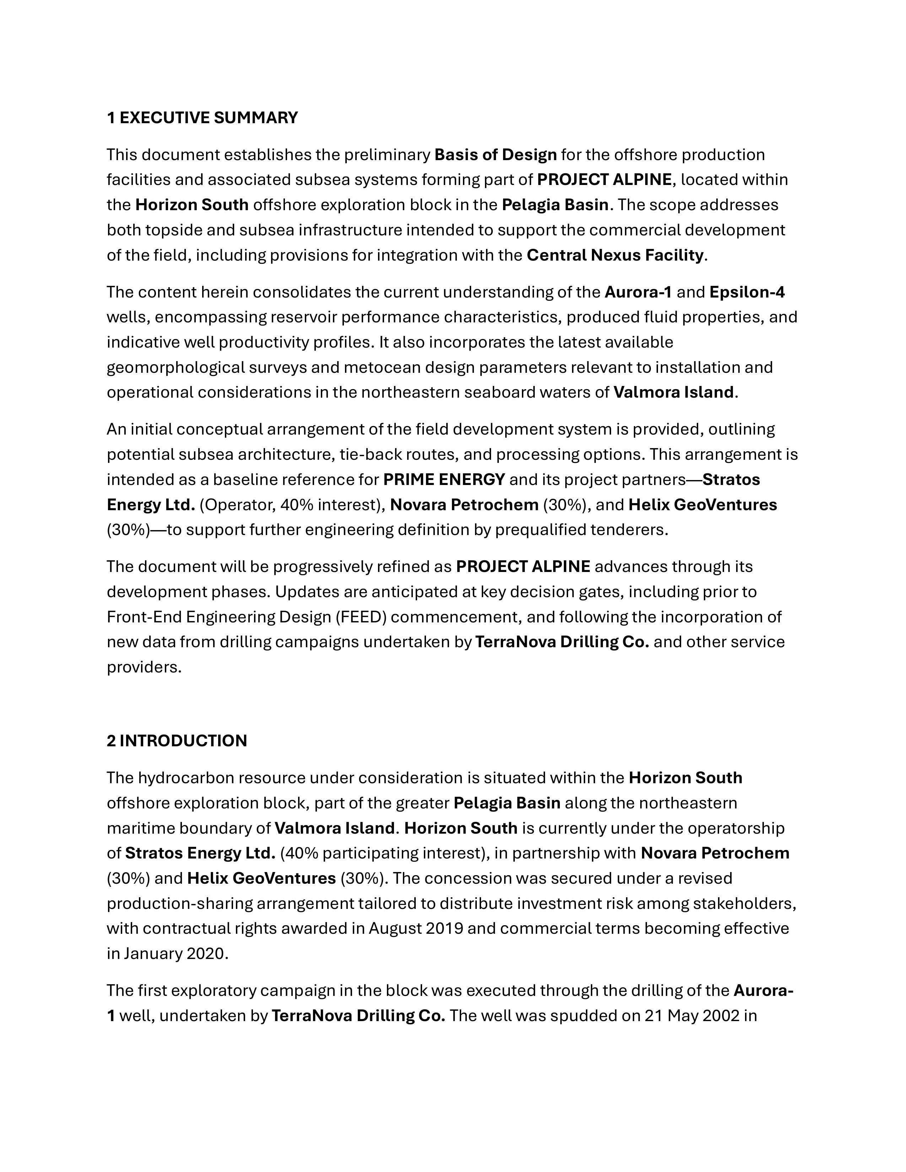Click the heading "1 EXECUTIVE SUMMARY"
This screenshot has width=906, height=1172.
(202, 118)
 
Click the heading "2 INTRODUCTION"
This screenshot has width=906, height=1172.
(177, 741)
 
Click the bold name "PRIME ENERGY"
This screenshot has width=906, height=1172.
(444, 479)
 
